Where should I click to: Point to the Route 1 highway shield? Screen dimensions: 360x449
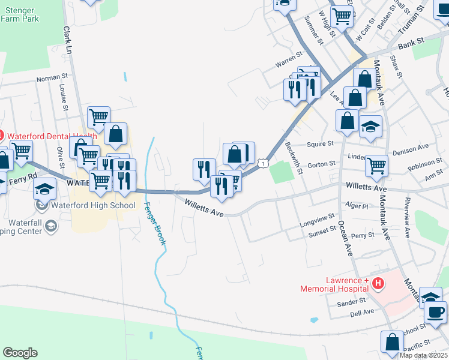click(263, 163)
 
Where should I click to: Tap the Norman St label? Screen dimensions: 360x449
click(52, 78)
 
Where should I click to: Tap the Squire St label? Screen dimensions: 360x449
click(320, 144)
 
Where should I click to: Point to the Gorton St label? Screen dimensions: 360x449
click(321, 164)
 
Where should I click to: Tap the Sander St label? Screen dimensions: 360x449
click(351, 303)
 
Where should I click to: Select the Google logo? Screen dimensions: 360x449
click(20, 353)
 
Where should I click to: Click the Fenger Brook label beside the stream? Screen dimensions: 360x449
click(155, 223)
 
